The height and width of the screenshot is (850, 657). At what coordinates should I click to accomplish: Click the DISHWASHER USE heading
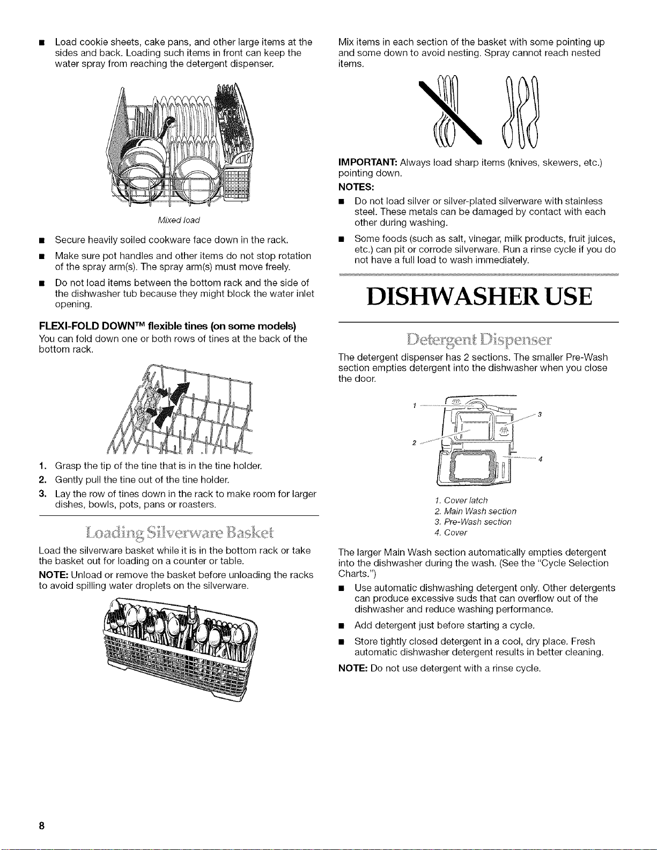[479, 297]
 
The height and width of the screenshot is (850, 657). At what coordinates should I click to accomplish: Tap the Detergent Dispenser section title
[478, 339]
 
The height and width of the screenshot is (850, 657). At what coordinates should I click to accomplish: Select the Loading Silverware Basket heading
[179, 533]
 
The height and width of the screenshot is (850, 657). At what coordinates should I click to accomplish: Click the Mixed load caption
[179, 220]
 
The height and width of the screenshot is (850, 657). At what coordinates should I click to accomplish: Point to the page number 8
[42, 826]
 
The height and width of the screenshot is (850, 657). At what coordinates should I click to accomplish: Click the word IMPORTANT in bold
[367, 162]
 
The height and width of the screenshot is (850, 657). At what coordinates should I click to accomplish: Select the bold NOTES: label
[356, 187]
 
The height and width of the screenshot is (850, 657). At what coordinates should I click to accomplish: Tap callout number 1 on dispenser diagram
[414, 405]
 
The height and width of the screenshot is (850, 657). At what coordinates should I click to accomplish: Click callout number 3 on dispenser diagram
[540, 414]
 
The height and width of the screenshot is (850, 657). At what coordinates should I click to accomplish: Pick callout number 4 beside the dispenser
[540, 459]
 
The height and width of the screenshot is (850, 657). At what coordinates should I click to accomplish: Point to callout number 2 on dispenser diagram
[414, 443]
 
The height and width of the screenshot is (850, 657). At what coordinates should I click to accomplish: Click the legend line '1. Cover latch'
[461, 500]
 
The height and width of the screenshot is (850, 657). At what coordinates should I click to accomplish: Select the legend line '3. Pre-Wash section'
[473, 522]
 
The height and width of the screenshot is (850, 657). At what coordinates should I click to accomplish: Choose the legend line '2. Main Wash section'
[476, 511]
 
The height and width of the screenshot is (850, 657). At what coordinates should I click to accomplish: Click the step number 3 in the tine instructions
[42, 494]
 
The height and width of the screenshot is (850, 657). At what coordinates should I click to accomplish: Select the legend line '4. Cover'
[451, 533]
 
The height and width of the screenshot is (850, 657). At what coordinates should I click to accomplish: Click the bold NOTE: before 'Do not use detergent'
[353, 668]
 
